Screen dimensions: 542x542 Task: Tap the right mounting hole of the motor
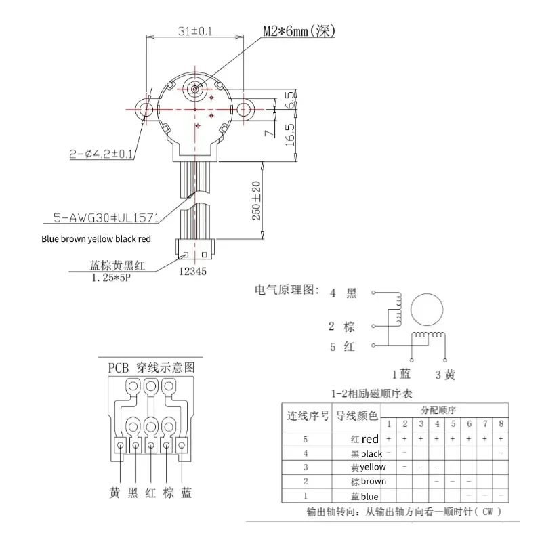[x=244, y=108]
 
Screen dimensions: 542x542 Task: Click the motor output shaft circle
[x=195, y=88]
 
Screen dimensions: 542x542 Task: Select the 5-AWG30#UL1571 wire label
[x=105, y=218]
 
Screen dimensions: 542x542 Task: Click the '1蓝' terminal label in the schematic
[x=402, y=373]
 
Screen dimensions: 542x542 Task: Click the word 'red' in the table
[x=371, y=440]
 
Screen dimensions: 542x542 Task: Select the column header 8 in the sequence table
[x=500, y=423]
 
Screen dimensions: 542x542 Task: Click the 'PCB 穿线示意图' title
[x=151, y=368]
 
